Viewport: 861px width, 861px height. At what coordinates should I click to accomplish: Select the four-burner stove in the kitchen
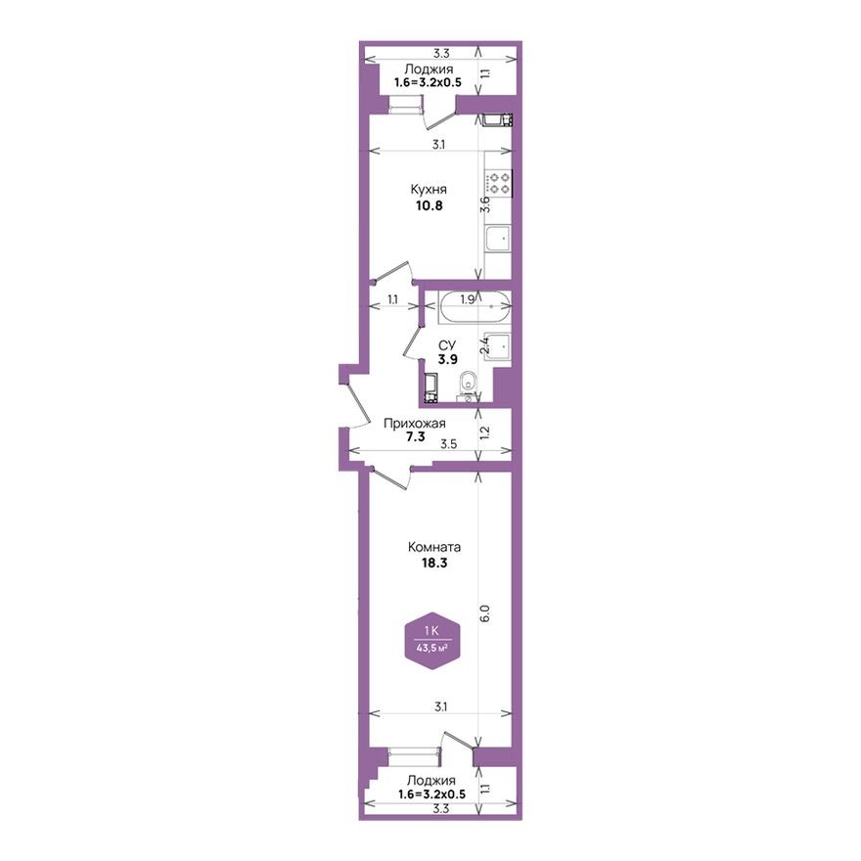500,183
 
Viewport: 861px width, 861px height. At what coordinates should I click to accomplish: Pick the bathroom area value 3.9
447,359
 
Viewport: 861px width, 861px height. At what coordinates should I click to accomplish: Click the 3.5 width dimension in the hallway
449,444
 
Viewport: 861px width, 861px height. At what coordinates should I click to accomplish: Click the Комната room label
435,548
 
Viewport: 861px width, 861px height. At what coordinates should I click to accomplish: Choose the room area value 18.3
435,564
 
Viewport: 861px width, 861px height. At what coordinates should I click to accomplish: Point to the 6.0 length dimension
484,615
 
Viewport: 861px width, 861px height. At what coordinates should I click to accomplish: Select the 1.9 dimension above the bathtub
468,299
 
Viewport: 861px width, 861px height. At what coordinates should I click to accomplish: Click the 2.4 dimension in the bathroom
483,344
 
